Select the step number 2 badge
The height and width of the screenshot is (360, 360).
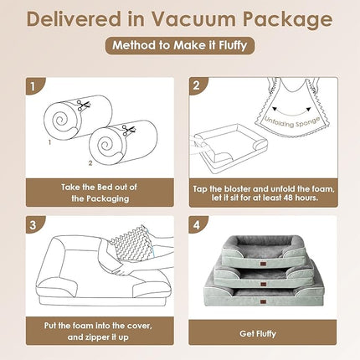click(194, 85)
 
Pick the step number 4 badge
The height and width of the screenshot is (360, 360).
click(194, 224)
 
